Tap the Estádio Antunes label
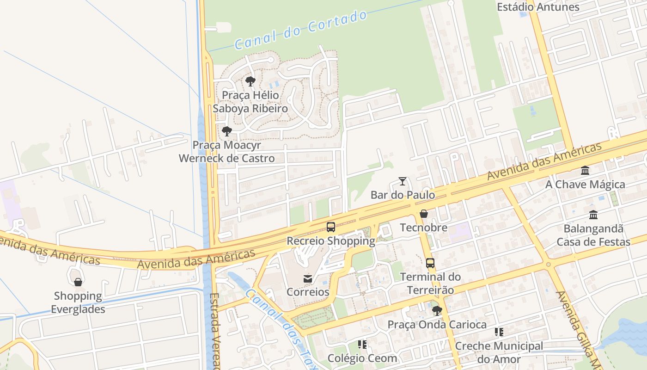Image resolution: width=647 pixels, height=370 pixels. pyautogui.click(x=538, y=7)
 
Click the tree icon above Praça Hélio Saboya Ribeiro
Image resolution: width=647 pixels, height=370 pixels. pyautogui.click(x=250, y=82)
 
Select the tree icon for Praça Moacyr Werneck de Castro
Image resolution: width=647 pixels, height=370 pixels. pyautogui.click(x=226, y=131)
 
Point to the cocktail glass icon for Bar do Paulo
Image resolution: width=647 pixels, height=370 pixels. pyautogui.click(x=403, y=181)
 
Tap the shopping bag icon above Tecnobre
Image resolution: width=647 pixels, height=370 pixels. pyautogui.click(x=424, y=214)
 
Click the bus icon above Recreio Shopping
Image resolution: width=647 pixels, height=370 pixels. pyautogui.click(x=331, y=227)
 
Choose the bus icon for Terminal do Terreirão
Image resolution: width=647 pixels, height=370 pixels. pyautogui.click(x=430, y=263)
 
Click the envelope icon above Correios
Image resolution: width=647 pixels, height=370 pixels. pyautogui.click(x=308, y=278)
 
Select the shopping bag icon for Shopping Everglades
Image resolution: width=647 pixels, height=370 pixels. pyautogui.click(x=78, y=282)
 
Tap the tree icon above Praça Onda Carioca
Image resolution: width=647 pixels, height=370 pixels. pyautogui.click(x=437, y=311)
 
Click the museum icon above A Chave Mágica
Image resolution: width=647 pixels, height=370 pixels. pyautogui.click(x=585, y=171)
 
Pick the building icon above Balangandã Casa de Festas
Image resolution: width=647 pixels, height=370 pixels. pyautogui.click(x=593, y=215)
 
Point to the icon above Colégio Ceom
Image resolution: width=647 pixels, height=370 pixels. pyautogui.click(x=362, y=345)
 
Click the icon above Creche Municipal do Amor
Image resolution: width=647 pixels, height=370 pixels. pyautogui.click(x=499, y=332)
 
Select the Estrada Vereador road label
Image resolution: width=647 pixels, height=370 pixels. pyautogui.click(x=214, y=331)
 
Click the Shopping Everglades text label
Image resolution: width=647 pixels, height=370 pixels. pyautogui.click(x=78, y=302)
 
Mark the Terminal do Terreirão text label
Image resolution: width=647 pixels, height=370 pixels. pyautogui.click(x=430, y=284)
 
